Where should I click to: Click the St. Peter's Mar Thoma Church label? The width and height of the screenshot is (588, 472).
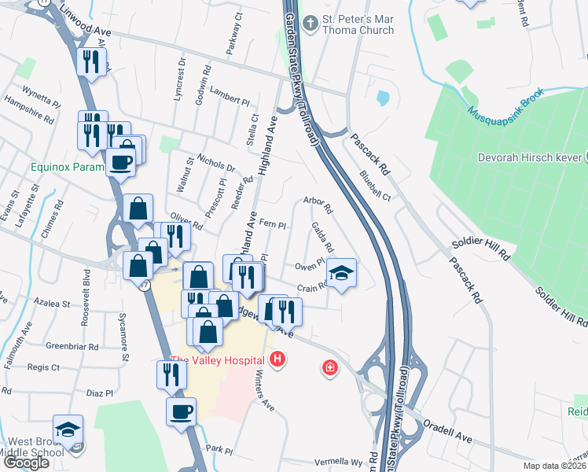358,24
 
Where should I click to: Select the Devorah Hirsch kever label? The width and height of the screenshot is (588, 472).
532,157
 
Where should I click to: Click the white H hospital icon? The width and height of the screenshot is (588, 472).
277,360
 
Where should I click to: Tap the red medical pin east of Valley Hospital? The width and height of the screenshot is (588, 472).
329,367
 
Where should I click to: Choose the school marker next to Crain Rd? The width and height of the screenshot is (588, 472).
341,273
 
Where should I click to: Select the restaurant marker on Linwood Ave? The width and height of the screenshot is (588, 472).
91,61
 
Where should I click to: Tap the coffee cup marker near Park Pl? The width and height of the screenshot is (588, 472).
182,411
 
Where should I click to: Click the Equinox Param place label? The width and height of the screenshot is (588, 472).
68,167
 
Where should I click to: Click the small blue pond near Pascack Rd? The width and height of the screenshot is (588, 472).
382,98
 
